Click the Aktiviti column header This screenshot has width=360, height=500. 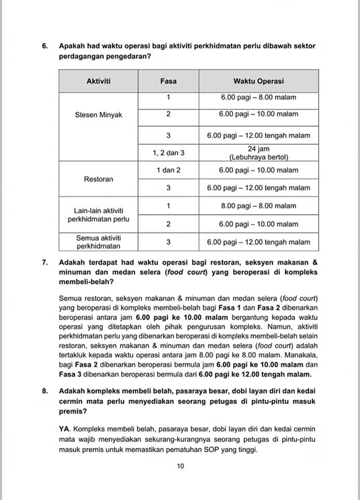pos(99,81)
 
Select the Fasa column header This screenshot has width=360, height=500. pos(168,81)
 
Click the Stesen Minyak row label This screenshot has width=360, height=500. pos(99,115)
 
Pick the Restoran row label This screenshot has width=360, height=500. pos(99,179)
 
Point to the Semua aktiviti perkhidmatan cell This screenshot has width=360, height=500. pos(99,242)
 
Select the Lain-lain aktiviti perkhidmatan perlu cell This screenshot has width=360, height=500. pos(99,215)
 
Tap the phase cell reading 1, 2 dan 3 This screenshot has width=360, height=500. pos(168,153)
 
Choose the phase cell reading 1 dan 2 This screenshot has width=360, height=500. pos(168,170)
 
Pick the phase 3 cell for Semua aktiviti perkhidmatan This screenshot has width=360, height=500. pos(168,242)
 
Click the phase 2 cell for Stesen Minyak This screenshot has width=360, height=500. pos(168,114)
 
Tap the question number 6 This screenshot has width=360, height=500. pos(45,46)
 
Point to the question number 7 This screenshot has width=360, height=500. pos(45,263)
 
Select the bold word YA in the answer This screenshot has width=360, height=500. pos(65,429)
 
